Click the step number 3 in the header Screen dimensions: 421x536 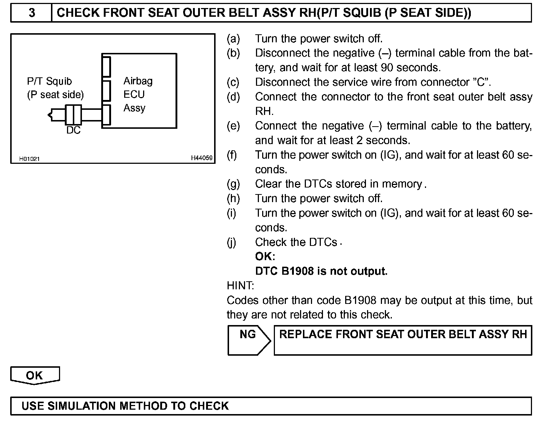click(32, 13)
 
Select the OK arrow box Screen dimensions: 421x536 click(35, 375)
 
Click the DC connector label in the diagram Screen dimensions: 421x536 click(73, 130)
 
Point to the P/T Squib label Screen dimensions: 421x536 click(50, 81)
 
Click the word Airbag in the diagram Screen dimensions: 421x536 click(138, 81)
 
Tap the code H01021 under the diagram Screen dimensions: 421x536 click(29, 159)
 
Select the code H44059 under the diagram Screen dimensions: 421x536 click(202, 158)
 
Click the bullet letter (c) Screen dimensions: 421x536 click(233, 82)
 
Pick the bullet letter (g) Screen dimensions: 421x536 click(233, 184)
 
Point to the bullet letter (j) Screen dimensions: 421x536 click(232, 242)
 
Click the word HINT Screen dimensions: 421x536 click(240, 285)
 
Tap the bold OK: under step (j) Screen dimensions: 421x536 click(265, 256)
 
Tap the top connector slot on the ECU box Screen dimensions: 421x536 click(106, 66)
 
